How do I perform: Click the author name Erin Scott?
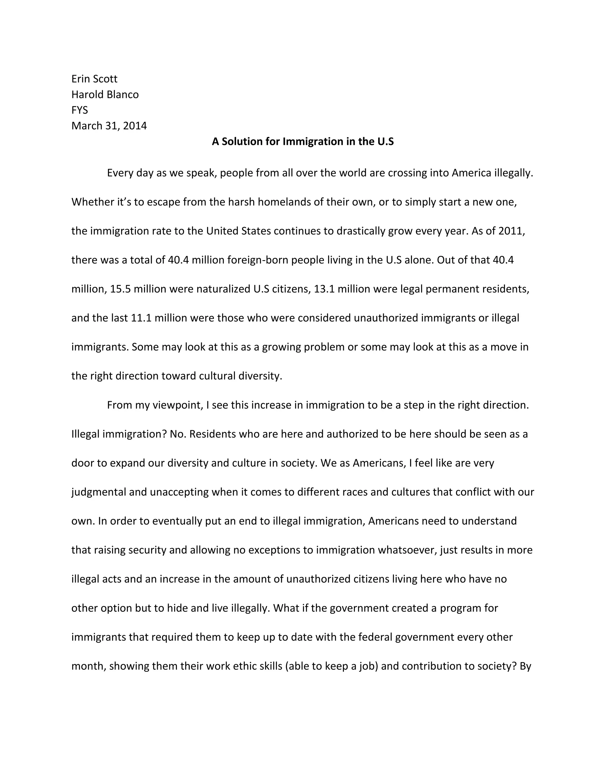[x=94, y=79]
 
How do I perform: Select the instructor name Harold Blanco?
[x=105, y=94]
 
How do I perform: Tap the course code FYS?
[x=79, y=110]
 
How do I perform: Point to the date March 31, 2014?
[x=109, y=126]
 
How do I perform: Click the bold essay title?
[x=303, y=141]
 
